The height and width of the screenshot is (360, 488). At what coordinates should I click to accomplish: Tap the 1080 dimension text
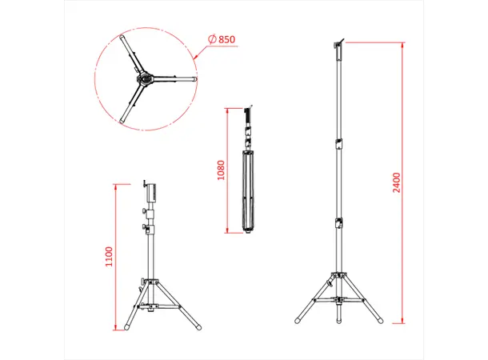222,170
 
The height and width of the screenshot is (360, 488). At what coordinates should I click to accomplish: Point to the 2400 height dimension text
397,183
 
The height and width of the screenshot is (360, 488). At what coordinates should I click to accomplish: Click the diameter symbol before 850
212,39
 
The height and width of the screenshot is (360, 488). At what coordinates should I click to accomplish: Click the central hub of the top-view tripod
145,80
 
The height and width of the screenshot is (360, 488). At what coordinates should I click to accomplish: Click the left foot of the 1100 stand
126,328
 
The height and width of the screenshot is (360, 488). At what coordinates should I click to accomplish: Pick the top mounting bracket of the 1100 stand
149,192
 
